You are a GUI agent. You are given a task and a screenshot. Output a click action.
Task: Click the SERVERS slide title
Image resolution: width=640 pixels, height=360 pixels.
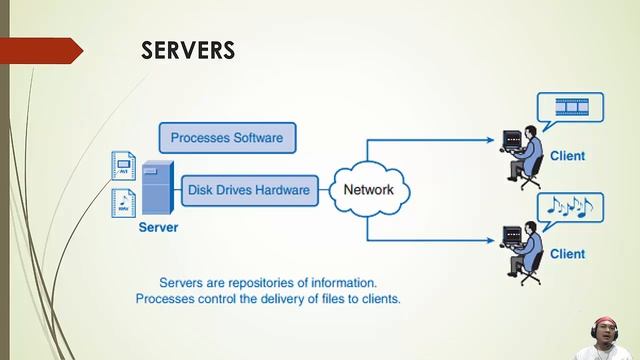tap(187, 50)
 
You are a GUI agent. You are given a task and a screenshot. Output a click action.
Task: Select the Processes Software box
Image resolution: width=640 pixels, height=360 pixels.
tap(227, 137)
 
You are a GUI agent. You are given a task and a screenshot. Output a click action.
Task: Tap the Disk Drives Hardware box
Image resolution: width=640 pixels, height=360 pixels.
tap(248, 189)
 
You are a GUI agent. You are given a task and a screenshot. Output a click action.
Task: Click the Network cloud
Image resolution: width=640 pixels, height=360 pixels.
tap(368, 190)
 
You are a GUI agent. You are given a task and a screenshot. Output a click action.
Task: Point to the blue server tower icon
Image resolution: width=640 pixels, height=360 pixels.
tap(156, 187)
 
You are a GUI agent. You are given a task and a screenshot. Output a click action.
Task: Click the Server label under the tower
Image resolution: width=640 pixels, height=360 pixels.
tap(158, 228)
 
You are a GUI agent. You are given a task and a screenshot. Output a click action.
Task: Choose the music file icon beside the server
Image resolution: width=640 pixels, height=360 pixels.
tap(124, 203)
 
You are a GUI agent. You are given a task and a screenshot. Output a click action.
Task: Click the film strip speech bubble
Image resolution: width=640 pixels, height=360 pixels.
tap(570, 106)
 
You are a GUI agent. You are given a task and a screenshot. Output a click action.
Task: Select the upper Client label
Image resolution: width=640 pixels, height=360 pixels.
tap(567, 156)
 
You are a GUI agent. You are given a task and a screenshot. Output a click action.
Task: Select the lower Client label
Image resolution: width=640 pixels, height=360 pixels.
tap(567, 254)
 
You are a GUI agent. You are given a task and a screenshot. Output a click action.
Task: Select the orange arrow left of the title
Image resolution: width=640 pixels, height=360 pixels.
tap(40, 50)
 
